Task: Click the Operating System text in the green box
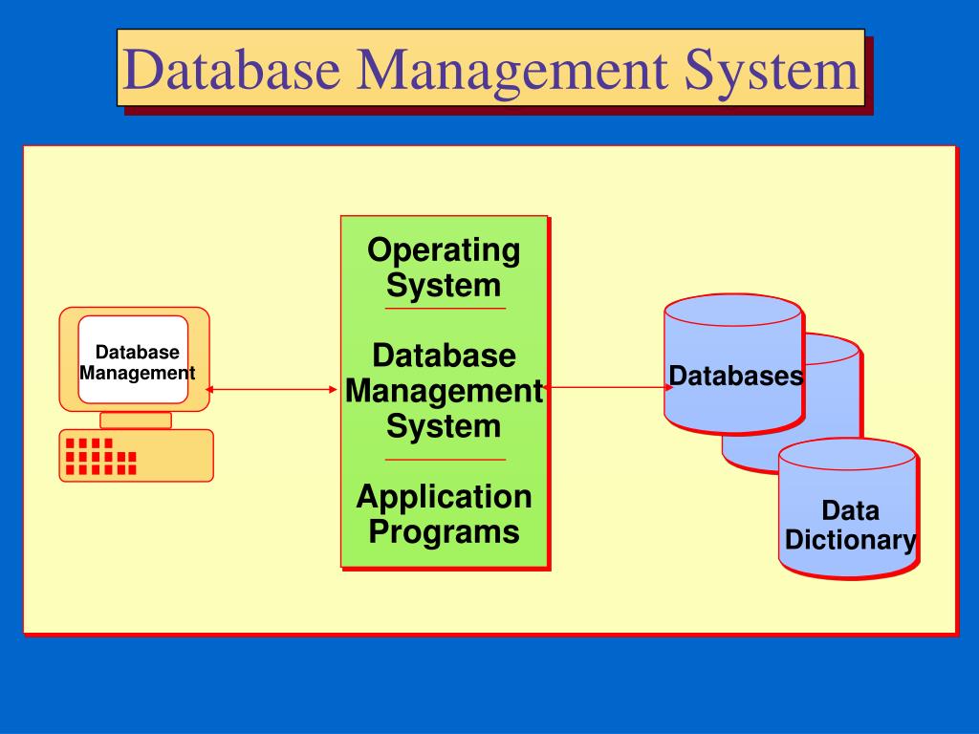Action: click(444, 268)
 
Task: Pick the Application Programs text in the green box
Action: click(444, 513)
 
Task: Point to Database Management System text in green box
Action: click(444, 391)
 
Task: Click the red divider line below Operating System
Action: click(445, 309)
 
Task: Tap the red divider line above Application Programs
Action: click(445, 460)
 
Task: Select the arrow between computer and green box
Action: click(272, 389)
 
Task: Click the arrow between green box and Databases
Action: click(608, 387)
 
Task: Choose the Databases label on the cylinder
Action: click(735, 377)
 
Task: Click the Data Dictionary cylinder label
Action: click(850, 525)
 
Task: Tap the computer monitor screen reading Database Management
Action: click(134, 362)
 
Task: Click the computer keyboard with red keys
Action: click(136, 455)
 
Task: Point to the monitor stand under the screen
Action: click(136, 420)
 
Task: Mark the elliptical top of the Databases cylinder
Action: click(733, 311)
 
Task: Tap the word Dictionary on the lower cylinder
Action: click(850, 540)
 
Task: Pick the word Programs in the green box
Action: click(444, 531)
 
